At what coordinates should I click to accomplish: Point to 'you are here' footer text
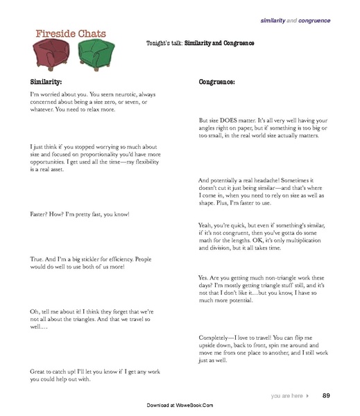[289, 396]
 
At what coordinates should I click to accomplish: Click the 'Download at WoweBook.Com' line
[180, 405]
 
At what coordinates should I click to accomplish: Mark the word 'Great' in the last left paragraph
[39, 372]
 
